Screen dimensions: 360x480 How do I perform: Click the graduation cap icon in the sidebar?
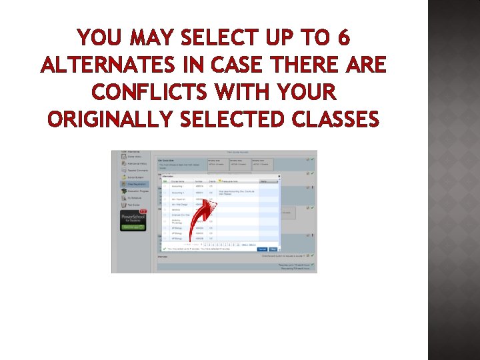point(124,191)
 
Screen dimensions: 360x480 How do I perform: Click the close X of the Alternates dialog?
point(278,176)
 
